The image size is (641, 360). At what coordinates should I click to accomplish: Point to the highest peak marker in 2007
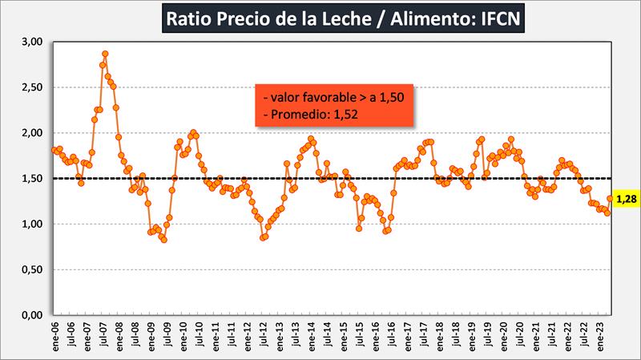pos(105,54)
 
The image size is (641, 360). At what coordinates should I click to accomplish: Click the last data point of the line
pos(610,198)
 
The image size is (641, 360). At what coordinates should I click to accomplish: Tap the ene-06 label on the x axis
pos(54,337)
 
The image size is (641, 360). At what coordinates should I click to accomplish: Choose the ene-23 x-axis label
pos(601,337)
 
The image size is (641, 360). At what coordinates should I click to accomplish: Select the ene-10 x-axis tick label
pos(183,337)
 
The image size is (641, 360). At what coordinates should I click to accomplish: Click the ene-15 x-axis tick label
pos(344,337)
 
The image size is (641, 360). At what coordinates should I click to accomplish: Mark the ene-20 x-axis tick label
pos(504,337)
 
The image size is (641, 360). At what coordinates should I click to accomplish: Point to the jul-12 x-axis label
pos(264,337)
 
